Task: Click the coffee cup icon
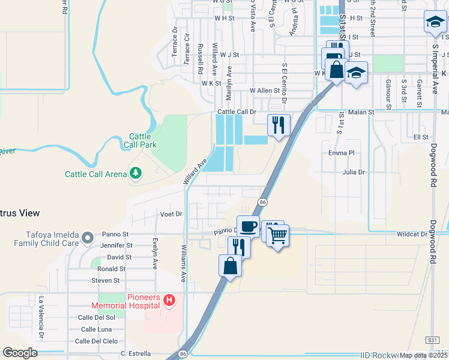[x=248, y=227]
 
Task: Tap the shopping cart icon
[x=277, y=235]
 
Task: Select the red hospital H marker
[x=170, y=299]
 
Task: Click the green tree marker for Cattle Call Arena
[x=136, y=173]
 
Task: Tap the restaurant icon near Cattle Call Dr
[x=278, y=125]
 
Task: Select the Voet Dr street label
[x=171, y=214]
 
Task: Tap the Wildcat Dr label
[x=411, y=234]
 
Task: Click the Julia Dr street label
[x=354, y=172]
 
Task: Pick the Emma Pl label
[x=343, y=153]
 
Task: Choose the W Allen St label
[x=265, y=91]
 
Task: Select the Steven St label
[x=106, y=280]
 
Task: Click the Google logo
[x=20, y=353]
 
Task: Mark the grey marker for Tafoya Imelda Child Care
[x=88, y=238]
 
